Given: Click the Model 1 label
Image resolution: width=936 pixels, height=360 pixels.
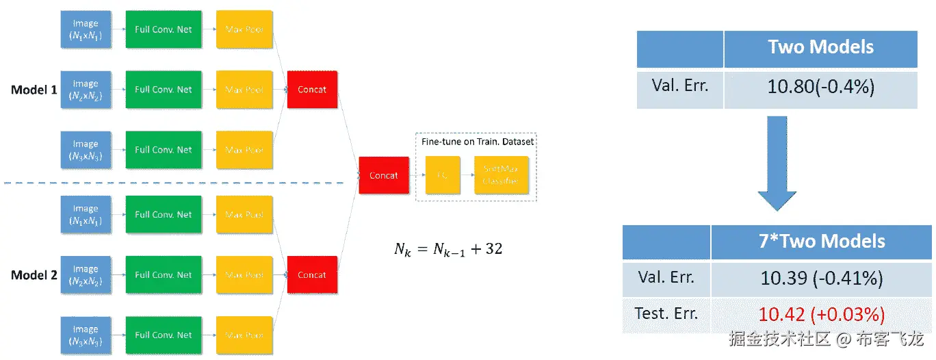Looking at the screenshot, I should (x=34, y=90).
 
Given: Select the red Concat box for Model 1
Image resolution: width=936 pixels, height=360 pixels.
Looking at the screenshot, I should (x=312, y=90).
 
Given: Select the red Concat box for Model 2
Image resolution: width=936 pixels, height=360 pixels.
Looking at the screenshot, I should (x=312, y=275).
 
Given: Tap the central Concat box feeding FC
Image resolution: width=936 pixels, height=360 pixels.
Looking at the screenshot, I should (x=384, y=175).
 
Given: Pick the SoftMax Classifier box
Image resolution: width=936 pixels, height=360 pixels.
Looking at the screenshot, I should (x=500, y=175).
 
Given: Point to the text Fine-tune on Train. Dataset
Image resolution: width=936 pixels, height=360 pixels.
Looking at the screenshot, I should (x=477, y=142).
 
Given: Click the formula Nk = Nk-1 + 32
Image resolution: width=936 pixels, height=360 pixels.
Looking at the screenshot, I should (x=448, y=249).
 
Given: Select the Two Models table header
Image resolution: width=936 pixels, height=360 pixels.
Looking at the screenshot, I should (x=820, y=47).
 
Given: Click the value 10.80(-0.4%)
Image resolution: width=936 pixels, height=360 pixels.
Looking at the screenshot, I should (x=820, y=87).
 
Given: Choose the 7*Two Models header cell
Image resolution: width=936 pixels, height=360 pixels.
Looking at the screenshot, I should (x=822, y=241).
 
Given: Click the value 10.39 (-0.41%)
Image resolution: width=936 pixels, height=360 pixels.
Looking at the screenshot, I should (x=822, y=279).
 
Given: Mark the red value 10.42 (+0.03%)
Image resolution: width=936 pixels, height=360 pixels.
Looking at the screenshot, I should (x=822, y=315).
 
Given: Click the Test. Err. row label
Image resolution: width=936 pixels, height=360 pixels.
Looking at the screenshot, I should (x=666, y=314).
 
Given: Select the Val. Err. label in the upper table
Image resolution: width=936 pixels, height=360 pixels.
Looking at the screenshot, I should (x=679, y=86).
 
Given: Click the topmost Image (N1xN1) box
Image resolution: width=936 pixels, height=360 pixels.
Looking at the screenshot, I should (x=86, y=29).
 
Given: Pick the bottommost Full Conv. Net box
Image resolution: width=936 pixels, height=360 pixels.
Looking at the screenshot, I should (x=164, y=335).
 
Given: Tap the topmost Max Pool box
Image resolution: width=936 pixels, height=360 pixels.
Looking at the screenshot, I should (x=244, y=29).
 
